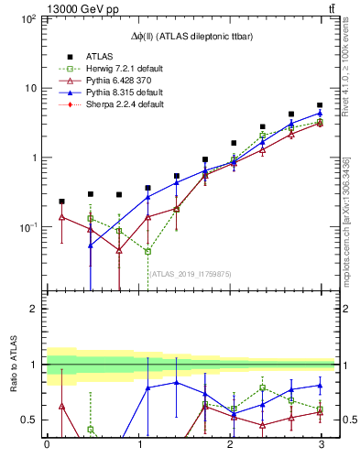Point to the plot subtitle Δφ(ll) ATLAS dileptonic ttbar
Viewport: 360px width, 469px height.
click(191, 35)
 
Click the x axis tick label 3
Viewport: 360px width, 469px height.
click(320, 445)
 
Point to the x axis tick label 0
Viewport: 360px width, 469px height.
click(47, 445)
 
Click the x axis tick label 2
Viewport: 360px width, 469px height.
click(229, 445)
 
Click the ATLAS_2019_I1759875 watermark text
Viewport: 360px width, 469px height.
click(191, 272)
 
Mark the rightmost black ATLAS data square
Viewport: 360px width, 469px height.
click(320, 105)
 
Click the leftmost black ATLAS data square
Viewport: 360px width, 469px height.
click(61, 202)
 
